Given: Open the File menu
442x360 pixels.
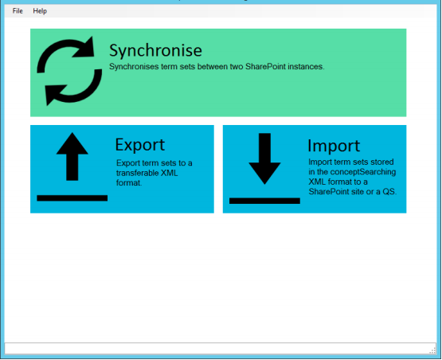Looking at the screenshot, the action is coord(18,11).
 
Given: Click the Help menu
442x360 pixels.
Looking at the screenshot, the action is coord(40,11).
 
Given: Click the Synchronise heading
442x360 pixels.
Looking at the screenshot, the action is coord(155,51).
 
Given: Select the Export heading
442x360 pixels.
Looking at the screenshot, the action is coord(140,145).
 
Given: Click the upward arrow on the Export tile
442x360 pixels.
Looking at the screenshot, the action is coord(72,156).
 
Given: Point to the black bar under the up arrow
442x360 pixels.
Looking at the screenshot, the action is coord(72,198).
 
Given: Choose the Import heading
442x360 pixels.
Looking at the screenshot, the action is coord(334,146).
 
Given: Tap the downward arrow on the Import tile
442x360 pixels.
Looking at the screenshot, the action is coord(264,158).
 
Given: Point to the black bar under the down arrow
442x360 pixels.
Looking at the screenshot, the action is coord(264,201).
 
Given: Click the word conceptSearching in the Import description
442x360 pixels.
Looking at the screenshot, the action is coord(363,172).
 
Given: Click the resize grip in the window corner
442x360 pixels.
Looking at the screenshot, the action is coord(432,350).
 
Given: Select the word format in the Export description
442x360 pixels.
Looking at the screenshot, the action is coord(128,182).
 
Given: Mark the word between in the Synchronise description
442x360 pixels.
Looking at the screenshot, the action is coord(213,67).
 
